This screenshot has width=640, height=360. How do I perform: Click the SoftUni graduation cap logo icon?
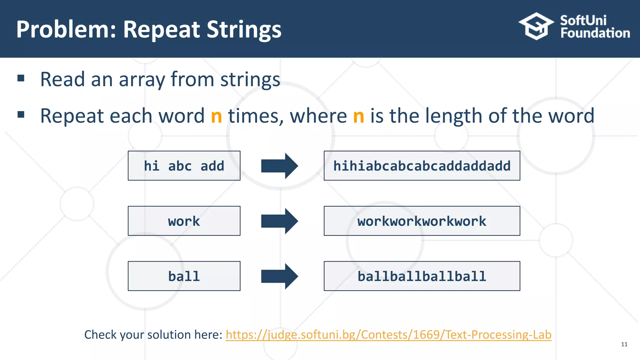tap(536, 26)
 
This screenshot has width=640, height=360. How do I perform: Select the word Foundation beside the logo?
tap(595, 33)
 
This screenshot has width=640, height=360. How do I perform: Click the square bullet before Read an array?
tap(21, 78)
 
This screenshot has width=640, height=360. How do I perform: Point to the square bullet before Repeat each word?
tap(21, 115)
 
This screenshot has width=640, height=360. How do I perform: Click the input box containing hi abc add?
tap(184, 166)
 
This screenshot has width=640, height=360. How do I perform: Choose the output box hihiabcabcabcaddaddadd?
tap(422, 166)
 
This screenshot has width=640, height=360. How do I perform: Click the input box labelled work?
tap(184, 221)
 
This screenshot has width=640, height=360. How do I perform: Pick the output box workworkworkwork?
tap(422, 221)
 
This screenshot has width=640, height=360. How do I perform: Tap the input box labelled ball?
tap(184, 276)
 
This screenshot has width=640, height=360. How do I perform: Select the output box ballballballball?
tap(422, 276)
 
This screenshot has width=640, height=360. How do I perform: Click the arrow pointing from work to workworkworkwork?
tap(279, 221)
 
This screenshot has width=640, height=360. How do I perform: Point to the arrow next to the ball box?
tap(279, 276)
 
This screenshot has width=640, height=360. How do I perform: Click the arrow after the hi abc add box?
tap(279, 166)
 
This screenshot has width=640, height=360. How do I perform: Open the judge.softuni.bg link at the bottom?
tap(388, 335)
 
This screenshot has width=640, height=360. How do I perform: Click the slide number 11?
tap(624, 344)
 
